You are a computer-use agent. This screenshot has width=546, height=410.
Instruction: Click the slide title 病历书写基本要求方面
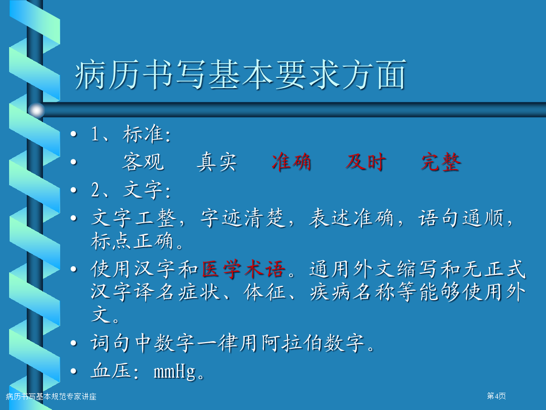click(240, 74)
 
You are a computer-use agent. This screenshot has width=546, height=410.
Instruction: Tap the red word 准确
click(292, 162)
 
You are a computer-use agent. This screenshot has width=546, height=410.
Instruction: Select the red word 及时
click(366, 162)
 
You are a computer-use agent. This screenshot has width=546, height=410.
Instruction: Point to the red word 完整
click(441, 162)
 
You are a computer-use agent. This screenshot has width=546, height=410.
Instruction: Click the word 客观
click(143, 162)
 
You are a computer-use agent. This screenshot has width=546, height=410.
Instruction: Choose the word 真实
click(217, 162)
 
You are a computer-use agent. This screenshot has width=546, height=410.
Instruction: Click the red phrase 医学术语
click(244, 269)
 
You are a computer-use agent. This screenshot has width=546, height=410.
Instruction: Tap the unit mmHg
click(175, 372)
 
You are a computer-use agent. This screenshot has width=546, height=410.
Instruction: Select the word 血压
click(111, 371)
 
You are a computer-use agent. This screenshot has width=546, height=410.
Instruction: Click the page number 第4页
click(496, 396)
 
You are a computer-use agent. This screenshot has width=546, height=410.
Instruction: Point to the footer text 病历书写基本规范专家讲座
click(51, 396)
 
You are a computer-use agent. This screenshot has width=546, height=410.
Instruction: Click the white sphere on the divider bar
click(36, 110)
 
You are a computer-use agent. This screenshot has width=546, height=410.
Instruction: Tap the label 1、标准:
click(131, 134)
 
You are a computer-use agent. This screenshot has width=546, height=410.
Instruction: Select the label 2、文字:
click(131, 190)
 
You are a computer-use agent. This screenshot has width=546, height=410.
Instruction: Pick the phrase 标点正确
click(132, 241)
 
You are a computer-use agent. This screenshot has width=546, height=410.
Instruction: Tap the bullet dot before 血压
click(73, 371)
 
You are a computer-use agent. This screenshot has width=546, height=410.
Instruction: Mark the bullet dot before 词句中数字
click(73, 343)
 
